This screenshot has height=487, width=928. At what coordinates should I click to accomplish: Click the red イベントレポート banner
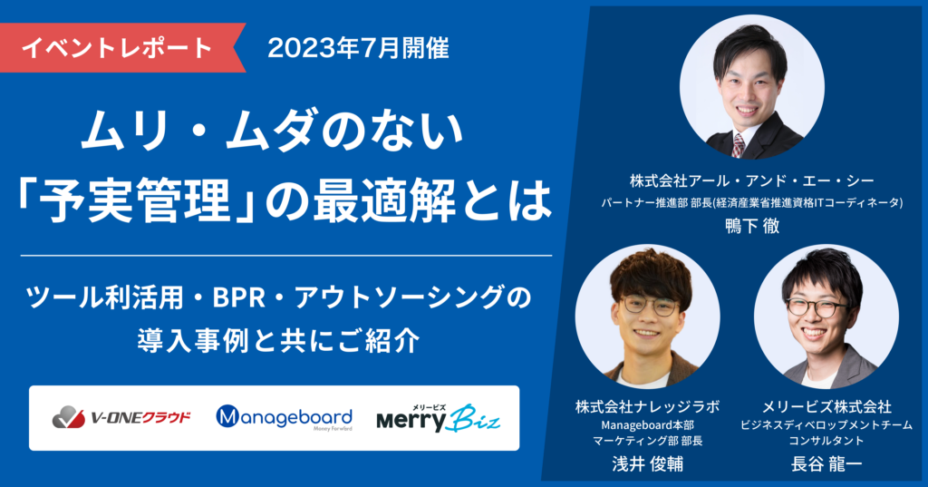click(x=118, y=46)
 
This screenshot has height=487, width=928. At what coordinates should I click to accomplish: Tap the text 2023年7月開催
click(x=358, y=48)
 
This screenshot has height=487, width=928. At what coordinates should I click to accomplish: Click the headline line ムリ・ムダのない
click(x=273, y=131)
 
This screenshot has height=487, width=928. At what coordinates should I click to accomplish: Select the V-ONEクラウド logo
click(x=121, y=418)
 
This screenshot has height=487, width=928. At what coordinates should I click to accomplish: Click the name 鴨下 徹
click(x=752, y=226)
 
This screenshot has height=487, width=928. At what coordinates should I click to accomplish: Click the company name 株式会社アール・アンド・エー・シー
click(x=752, y=180)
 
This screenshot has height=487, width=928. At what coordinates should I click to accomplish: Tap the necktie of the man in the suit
click(x=739, y=144)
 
